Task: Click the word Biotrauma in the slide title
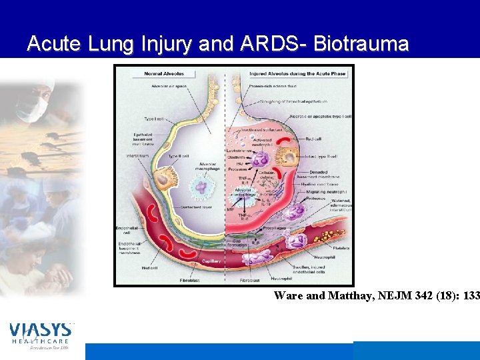[x=361, y=44]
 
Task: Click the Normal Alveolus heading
[x=165, y=73]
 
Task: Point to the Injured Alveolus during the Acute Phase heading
[x=297, y=73]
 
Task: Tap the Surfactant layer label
[x=196, y=207]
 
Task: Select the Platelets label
[x=341, y=248]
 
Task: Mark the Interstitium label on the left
[x=137, y=156]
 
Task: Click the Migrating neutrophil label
[x=327, y=191]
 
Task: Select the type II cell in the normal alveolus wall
[x=163, y=179]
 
